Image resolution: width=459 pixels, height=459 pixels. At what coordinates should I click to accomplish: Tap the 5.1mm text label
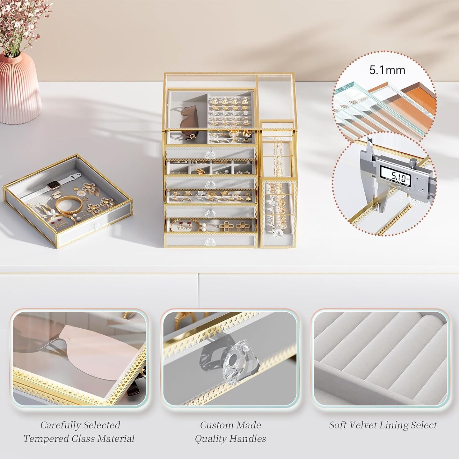tap(387, 70)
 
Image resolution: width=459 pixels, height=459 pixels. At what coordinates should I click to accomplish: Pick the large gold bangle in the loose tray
tap(69, 205)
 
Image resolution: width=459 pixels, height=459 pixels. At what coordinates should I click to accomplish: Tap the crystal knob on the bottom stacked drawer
tap(210, 241)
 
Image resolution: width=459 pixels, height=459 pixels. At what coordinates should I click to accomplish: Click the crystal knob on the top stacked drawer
tap(210, 155)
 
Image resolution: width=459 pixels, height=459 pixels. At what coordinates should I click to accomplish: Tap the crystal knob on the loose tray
tap(97, 226)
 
